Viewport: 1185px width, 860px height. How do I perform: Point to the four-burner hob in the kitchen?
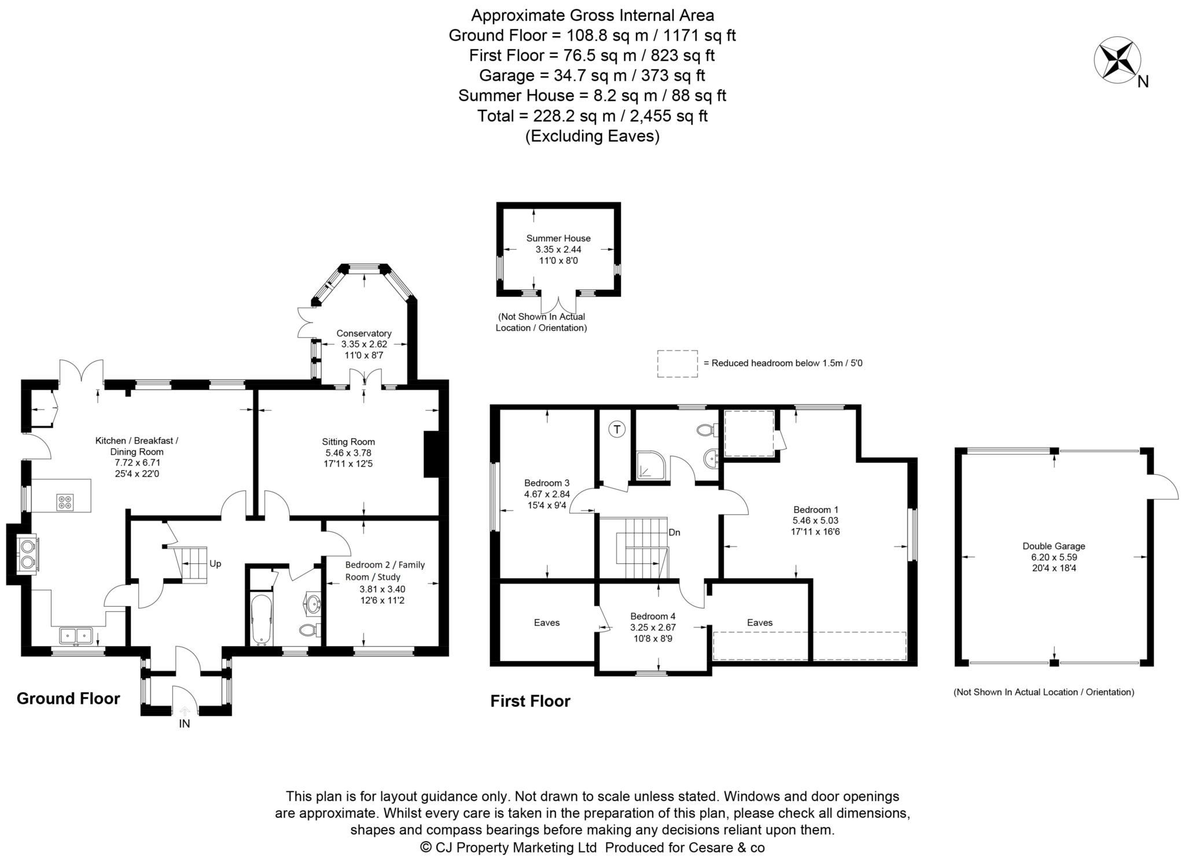(64, 502)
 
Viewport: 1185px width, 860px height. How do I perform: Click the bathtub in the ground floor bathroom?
(262, 619)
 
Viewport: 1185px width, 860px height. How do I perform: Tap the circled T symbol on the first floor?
(617, 429)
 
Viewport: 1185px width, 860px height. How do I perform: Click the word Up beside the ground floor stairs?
(215, 563)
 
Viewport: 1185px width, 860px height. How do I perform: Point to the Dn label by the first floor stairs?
(674, 532)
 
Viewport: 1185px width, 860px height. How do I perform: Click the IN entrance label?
(184, 724)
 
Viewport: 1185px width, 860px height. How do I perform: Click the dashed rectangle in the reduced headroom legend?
(677, 364)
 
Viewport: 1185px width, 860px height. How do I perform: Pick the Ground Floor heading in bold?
(68, 699)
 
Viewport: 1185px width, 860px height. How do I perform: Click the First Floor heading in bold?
(531, 702)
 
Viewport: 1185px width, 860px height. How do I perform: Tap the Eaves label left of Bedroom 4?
(547, 622)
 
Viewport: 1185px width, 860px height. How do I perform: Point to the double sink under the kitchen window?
(75, 636)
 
